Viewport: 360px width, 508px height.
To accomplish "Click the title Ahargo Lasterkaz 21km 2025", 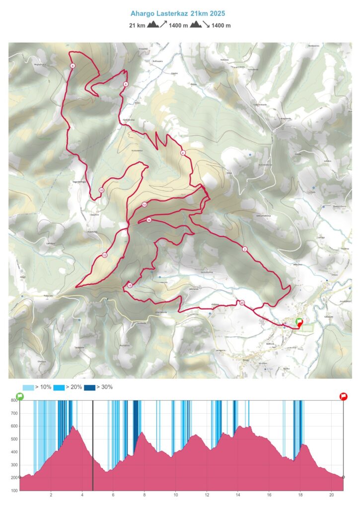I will click(x=180, y=14).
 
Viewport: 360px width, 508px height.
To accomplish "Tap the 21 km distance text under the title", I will click(x=137, y=25).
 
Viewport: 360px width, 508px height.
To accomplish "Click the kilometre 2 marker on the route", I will click(x=245, y=249).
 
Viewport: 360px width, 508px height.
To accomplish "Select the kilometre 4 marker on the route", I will click(x=183, y=153).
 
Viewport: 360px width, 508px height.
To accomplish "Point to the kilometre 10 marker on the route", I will click(x=101, y=190).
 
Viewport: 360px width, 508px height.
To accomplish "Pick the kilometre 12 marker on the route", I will click(x=105, y=255).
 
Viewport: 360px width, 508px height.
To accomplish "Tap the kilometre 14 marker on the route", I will click(x=144, y=204).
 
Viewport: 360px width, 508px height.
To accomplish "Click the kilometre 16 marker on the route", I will click(x=148, y=220).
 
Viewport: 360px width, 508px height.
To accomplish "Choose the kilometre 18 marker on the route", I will click(x=129, y=285).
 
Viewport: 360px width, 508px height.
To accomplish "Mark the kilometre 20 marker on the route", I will click(x=242, y=303).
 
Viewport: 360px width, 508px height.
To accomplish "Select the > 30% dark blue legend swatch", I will click(x=89, y=387).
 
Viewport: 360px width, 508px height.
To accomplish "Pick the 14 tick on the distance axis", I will click(x=238, y=495).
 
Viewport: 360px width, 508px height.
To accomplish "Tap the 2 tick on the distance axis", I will click(x=51, y=495).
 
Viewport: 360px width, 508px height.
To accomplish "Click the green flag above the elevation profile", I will click(x=20, y=396).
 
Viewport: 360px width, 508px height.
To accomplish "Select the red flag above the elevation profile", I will click(x=343, y=396).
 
